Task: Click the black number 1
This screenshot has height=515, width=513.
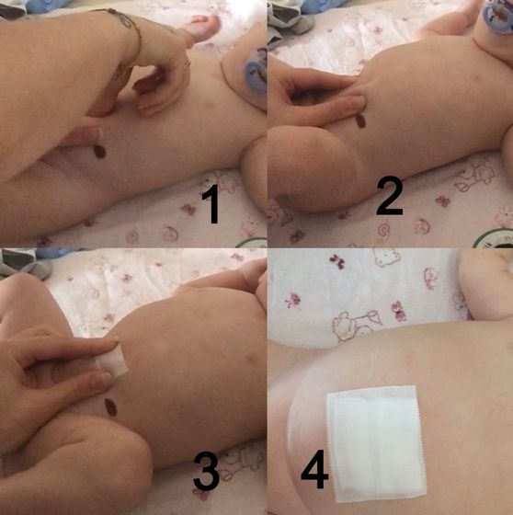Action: pos(211,204)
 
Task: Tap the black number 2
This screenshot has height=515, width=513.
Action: pos(389,197)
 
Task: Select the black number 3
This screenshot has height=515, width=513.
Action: pos(206,473)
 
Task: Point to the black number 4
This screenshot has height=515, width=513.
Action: pos(314,469)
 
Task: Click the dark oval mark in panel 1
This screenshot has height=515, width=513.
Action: pos(100,152)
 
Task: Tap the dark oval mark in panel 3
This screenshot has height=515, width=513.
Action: pos(110,407)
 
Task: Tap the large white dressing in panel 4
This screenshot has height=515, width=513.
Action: pos(376,444)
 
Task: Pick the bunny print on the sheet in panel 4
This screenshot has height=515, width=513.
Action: pos(357,324)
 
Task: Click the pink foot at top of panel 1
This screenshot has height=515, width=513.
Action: pos(201,29)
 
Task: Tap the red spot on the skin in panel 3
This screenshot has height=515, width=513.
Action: pos(253,358)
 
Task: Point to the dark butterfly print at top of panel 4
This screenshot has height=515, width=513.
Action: pos(337,261)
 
